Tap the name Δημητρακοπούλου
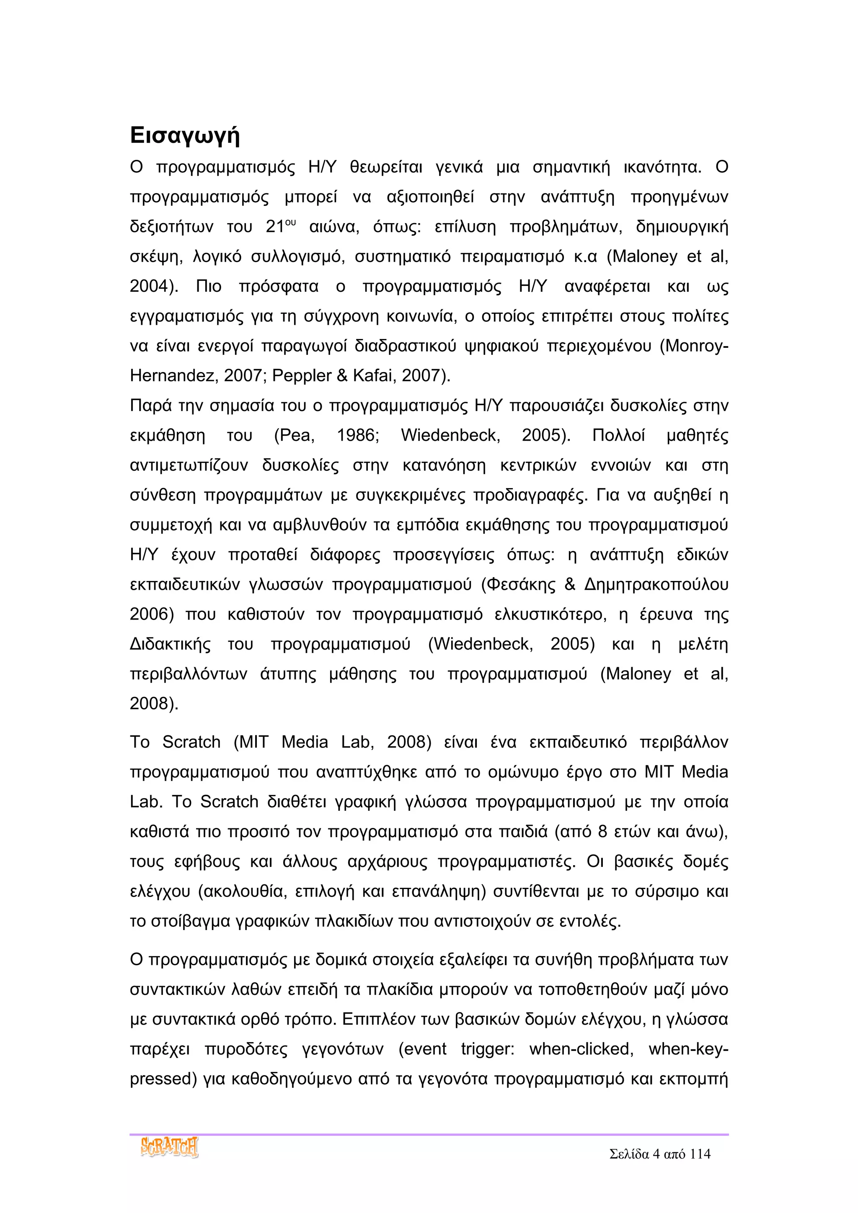click(x=656, y=584)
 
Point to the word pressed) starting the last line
click(x=163, y=1078)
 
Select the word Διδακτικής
click(x=170, y=644)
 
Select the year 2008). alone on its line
click(x=154, y=704)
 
